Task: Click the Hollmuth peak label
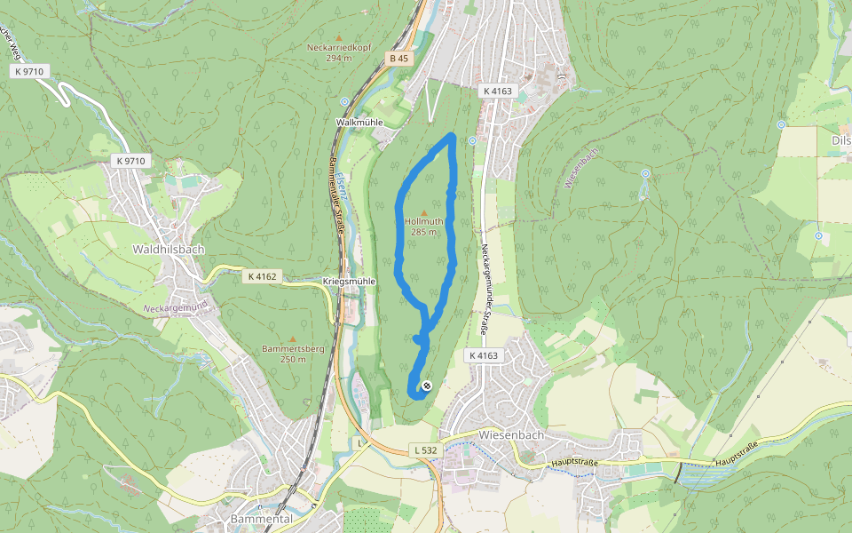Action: (422, 221)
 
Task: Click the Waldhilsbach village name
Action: (168, 250)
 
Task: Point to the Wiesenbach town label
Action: (509, 435)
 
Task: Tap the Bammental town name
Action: (260, 518)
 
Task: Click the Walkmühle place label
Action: (359, 122)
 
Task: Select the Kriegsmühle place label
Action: (349, 281)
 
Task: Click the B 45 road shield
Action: (398, 59)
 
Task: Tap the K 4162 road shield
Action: (260, 277)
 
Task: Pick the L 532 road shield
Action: (426, 451)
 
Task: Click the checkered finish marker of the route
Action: (427, 386)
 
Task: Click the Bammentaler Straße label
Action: (337, 198)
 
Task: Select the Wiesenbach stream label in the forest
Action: (581, 166)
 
